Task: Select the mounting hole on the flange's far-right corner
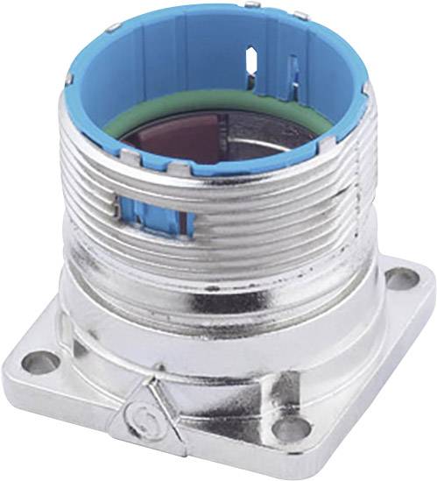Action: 402,279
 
